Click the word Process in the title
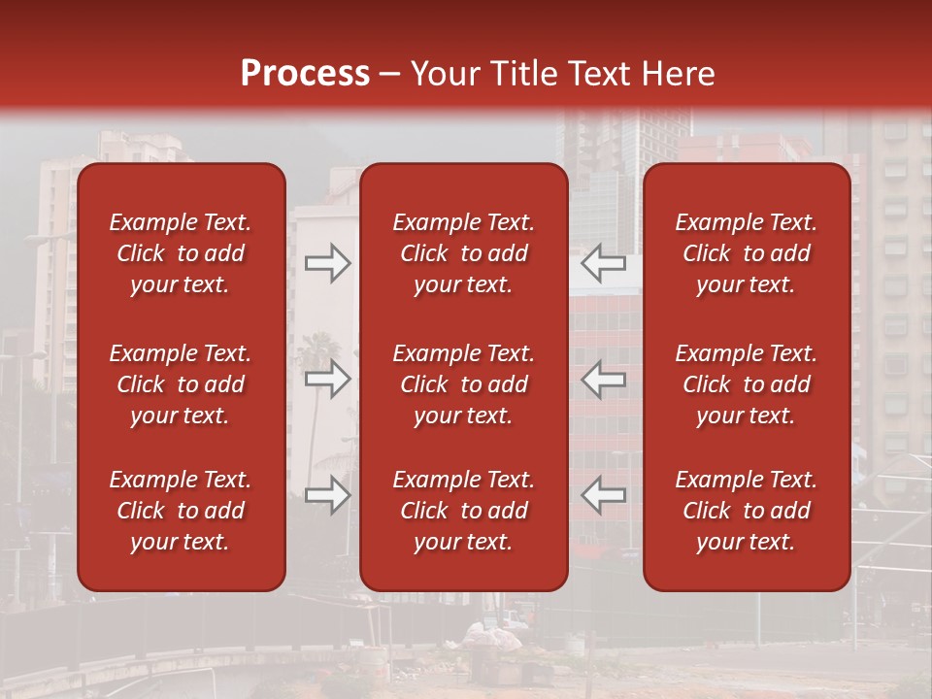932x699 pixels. (305, 74)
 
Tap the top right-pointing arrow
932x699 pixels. (327, 263)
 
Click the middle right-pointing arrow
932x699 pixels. (327, 379)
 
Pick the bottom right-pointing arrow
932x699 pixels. (327, 495)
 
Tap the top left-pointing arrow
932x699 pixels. (604, 263)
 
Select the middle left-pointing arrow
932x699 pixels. (604, 379)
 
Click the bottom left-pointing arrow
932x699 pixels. (604, 495)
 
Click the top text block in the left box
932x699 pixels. (181, 253)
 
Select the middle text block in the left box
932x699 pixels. (181, 384)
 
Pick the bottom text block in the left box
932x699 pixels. (181, 511)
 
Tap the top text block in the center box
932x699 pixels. (464, 253)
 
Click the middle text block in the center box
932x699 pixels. (464, 384)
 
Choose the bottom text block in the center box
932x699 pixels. (464, 511)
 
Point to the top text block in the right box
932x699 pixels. (747, 253)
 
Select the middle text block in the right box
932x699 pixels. (747, 384)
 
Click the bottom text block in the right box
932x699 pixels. (747, 511)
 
